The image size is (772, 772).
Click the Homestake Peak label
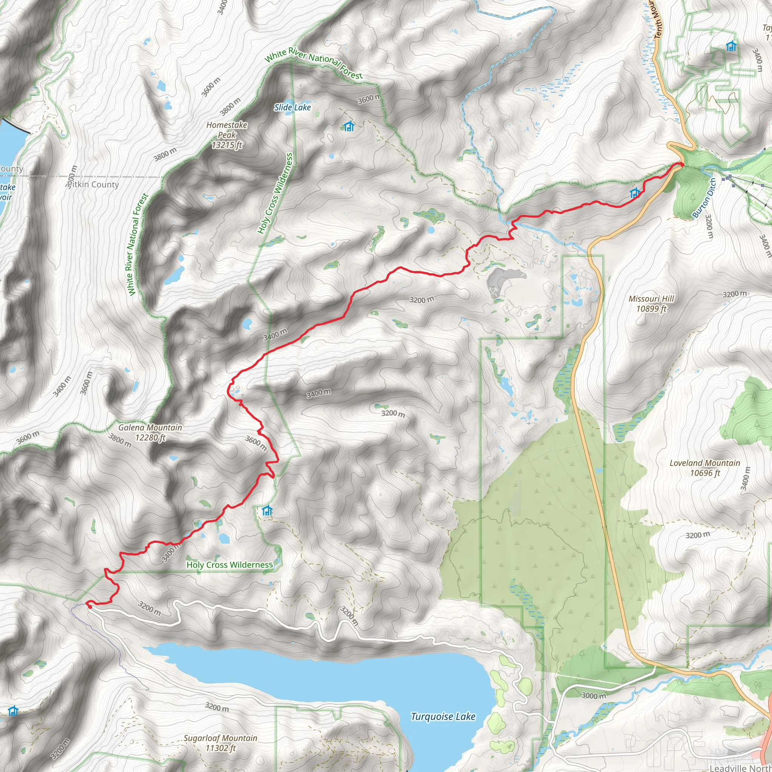[x=227, y=135]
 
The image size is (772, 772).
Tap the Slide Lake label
[x=293, y=107]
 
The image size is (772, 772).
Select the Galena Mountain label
[x=150, y=432]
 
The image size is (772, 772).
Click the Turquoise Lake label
[x=443, y=717]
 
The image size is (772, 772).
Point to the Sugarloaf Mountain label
[x=221, y=743]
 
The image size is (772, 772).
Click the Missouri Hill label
[x=651, y=304]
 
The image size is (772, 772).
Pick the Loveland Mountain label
[x=705, y=468]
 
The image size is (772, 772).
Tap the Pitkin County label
[x=93, y=185]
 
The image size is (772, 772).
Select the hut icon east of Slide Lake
[x=349, y=126]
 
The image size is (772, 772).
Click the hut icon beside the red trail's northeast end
[x=635, y=194]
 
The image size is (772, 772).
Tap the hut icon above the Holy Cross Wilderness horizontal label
[x=267, y=511]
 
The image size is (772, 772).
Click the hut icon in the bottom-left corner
[x=13, y=711]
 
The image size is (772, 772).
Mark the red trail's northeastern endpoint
[x=681, y=164]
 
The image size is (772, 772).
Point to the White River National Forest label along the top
[x=314, y=62]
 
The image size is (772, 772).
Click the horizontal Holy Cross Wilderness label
[x=230, y=565]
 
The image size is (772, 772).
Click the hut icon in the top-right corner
[x=731, y=46]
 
